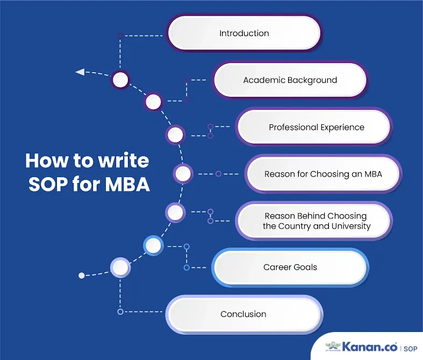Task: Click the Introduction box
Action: pyautogui.click(x=244, y=33)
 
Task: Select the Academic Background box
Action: pyautogui.click(x=290, y=80)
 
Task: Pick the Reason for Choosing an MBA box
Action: pyautogui.click(x=323, y=174)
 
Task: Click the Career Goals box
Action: pyautogui.click(x=290, y=267)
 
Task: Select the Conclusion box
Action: pyautogui.click(x=243, y=314)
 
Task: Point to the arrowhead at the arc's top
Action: pyautogui.click(x=80, y=72)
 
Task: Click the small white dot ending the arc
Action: pyautogui.click(x=82, y=275)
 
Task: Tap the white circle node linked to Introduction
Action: pyautogui.click(x=120, y=81)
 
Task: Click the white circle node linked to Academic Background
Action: pyautogui.click(x=153, y=101)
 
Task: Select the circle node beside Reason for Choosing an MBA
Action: pyautogui.click(x=183, y=174)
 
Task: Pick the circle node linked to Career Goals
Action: pyautogui.click(x=153, y=246)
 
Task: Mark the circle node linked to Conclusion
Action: pyautogui.click(x=120, y=267)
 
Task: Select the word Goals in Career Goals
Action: pyautogui.click(x=305, y=267)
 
